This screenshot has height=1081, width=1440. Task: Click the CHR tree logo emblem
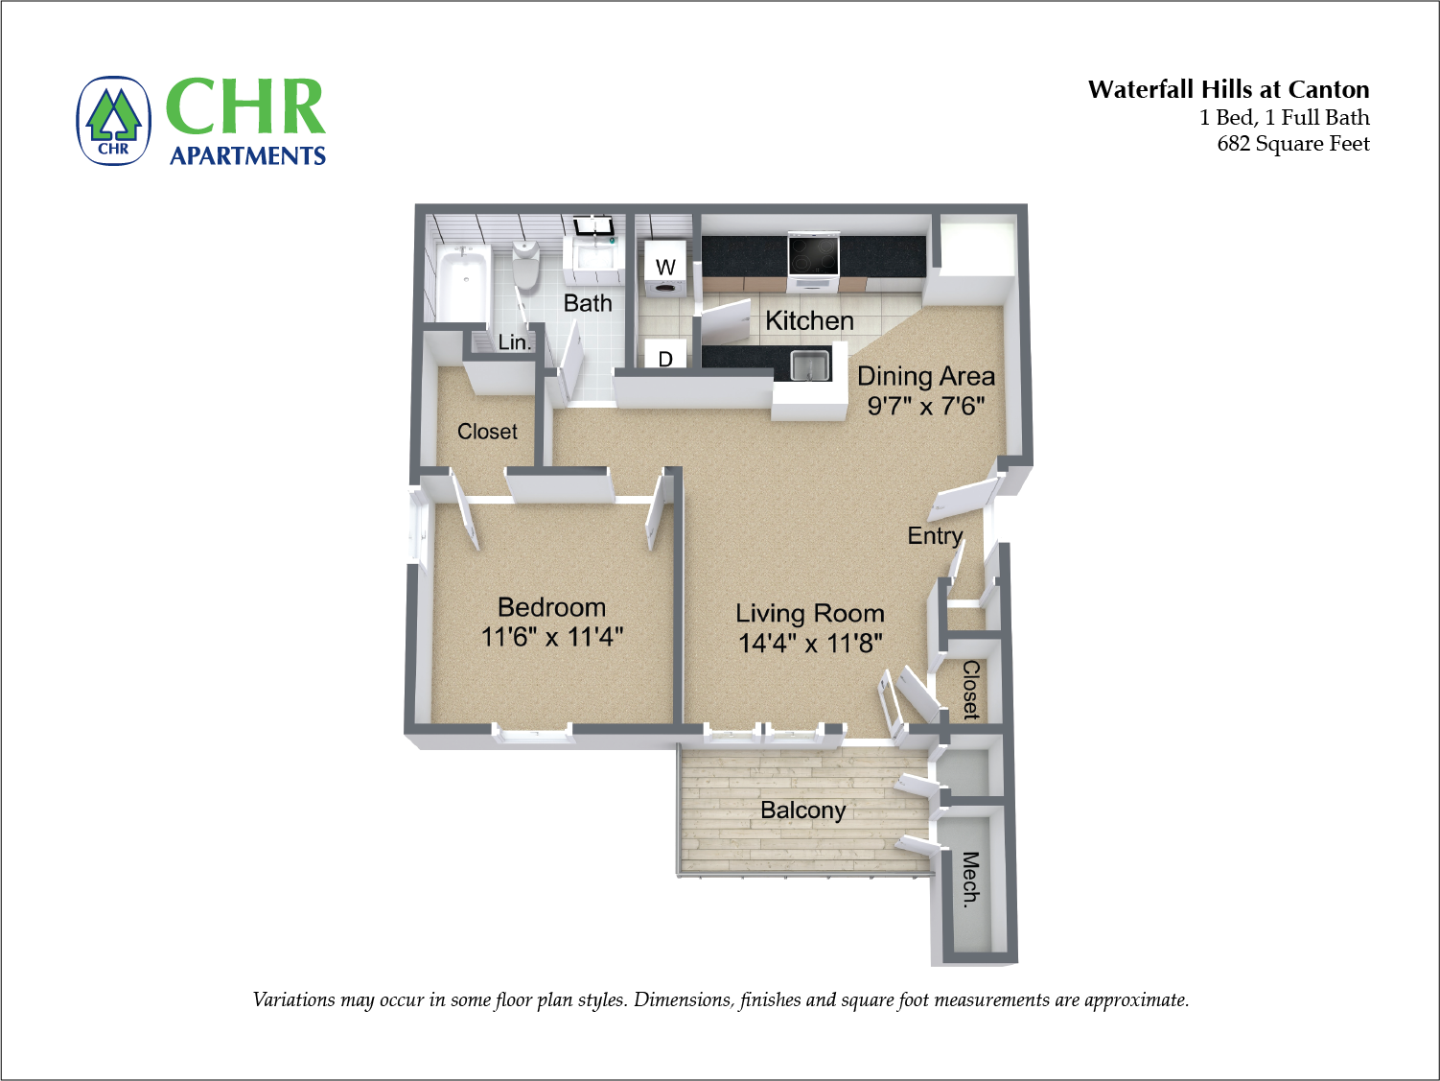pos(114,121)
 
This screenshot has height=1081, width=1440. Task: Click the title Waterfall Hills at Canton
pos(1228,89)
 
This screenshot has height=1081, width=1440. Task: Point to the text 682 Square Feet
pos(1292,144)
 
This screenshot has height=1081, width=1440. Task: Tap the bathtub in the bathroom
pos(464,282)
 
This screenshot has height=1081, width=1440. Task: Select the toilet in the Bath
pos(525,265)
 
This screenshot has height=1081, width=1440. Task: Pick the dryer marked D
pos(665,356)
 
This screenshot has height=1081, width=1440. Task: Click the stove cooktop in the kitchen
pos(813,254)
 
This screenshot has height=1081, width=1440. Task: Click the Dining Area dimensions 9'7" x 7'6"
pos(925,406)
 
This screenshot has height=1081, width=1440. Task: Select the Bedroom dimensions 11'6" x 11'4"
pos(551,637)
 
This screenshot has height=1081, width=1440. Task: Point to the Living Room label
pos(809,613)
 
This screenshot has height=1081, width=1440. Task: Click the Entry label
pos(935,535)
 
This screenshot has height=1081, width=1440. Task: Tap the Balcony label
pos(802,811)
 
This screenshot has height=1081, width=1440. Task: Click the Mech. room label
pos(970,879)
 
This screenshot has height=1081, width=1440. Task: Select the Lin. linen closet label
pos(514,342)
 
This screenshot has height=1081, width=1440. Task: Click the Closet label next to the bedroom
pos(487,432)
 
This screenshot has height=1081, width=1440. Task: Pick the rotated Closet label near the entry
pos(970,689)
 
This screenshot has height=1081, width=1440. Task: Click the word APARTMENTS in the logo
pos(247,155)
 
